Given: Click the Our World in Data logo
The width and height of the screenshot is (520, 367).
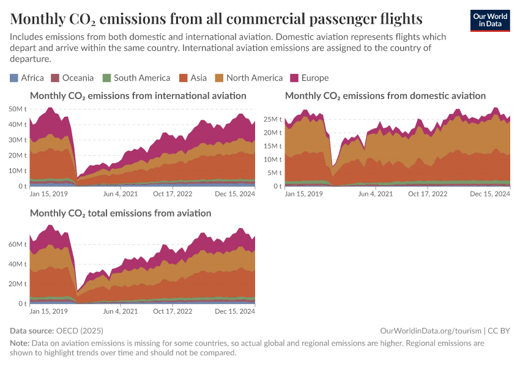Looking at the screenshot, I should [489, 20].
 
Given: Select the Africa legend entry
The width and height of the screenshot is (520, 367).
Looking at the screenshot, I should [27, 78].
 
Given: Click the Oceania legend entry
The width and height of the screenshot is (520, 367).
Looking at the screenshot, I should [72, 78].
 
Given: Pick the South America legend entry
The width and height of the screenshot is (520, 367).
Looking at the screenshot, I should [136, 78].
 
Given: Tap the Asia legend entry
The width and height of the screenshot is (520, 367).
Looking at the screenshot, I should [193, 78].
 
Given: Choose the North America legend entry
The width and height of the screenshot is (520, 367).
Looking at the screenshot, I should [248, 78].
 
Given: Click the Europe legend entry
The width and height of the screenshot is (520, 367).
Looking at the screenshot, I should [310, 78].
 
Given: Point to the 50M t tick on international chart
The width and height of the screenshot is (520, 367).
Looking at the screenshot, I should [17, 109].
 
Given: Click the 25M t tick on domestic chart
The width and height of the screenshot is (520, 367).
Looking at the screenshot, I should [273, 119].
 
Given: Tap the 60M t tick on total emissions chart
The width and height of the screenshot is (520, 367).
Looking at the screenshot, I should [17, 244].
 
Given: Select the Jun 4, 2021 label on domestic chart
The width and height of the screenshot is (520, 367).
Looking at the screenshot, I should [375, 194].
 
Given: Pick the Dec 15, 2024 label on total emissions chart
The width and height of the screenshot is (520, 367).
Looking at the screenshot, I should [235, 311].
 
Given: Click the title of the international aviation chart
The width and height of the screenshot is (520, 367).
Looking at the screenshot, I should [138, 96].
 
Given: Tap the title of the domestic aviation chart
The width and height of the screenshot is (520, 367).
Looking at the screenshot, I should [385, 96].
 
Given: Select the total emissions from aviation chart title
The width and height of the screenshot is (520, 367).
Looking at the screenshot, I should [121, 213].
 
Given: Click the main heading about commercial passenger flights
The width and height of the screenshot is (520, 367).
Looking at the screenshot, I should [216, 18].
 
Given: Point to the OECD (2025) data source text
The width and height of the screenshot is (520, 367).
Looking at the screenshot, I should [83, 330].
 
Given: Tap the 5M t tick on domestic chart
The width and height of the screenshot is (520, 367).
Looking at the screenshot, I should [275, 173].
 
